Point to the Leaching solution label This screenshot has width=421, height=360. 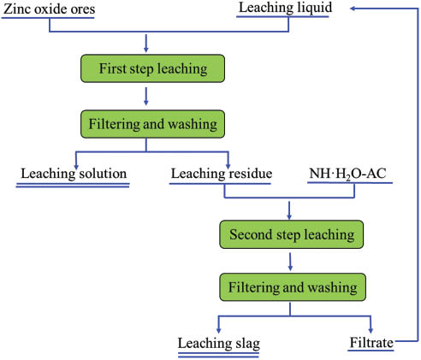coord(74,174)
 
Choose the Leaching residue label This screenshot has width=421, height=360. coord(222,174)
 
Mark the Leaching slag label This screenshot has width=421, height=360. coord(218,343)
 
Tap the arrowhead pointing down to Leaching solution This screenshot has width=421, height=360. coord(77,163)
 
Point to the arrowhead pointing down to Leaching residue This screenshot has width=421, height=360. coord(228,163)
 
